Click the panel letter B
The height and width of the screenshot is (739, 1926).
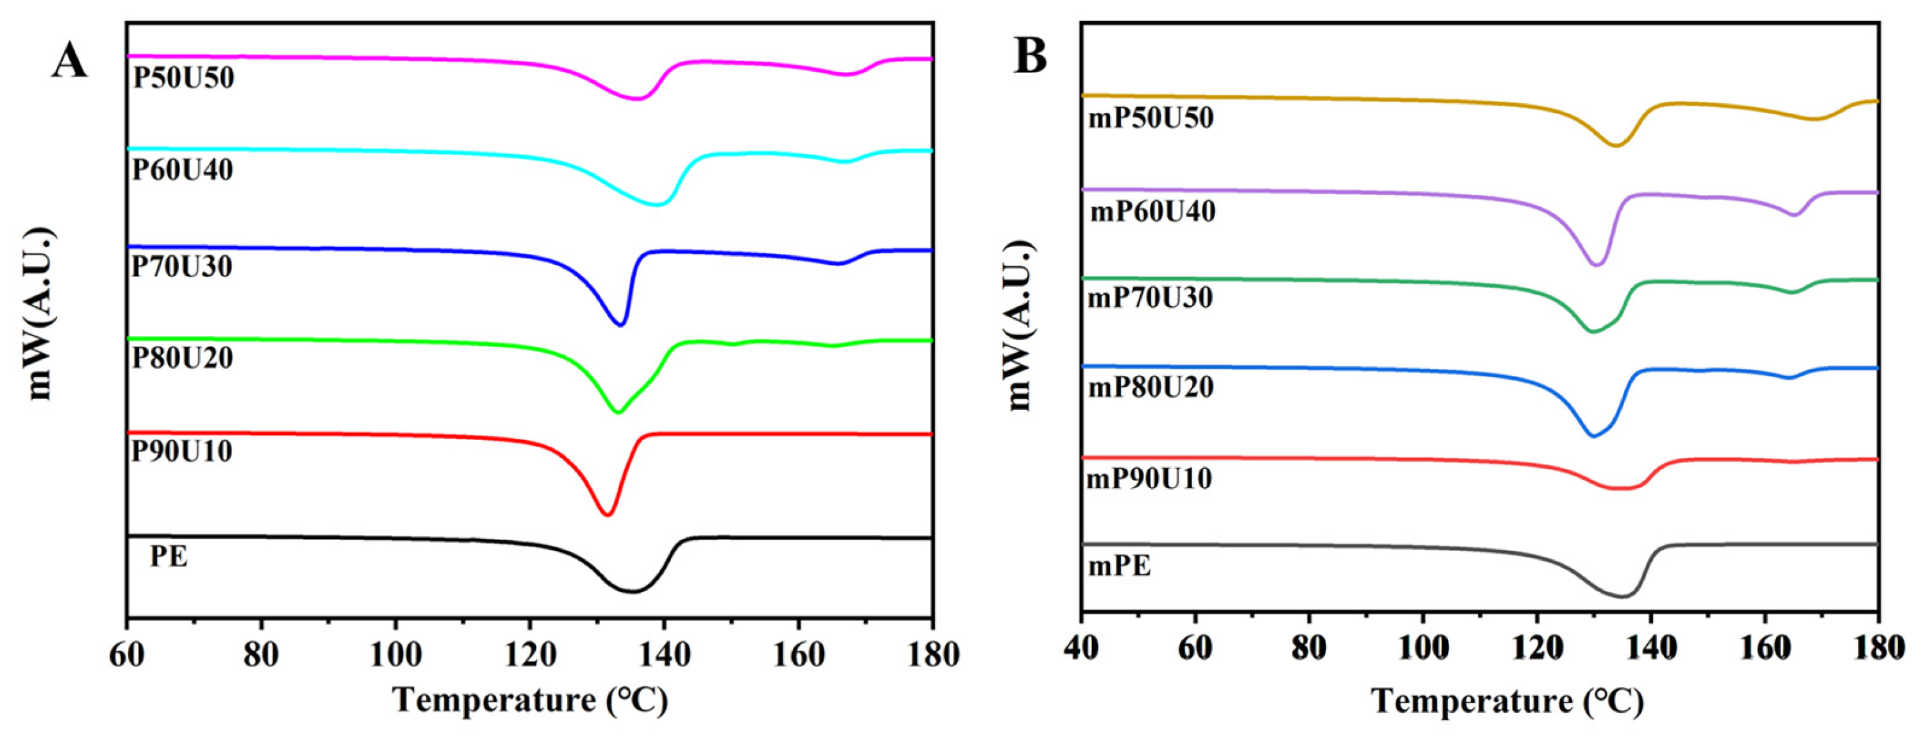click(1029, 57)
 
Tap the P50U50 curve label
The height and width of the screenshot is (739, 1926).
click(183, 78)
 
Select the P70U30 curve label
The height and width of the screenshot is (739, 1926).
click(181, 266)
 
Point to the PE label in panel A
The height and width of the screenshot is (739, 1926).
click(169, 556)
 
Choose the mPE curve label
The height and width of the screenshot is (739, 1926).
click(1119, 566)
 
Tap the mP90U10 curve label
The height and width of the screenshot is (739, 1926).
click(1149, 479)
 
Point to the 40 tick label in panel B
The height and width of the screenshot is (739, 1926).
click(1081, 648)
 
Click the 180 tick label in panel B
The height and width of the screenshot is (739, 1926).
click(1877, 648)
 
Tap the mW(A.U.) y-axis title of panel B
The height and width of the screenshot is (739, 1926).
click(1019, 325)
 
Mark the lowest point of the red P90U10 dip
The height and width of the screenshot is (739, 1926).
click(608, 514)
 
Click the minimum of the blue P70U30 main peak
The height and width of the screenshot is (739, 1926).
click(620, 324)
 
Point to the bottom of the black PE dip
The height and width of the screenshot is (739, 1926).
click(633, 591)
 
